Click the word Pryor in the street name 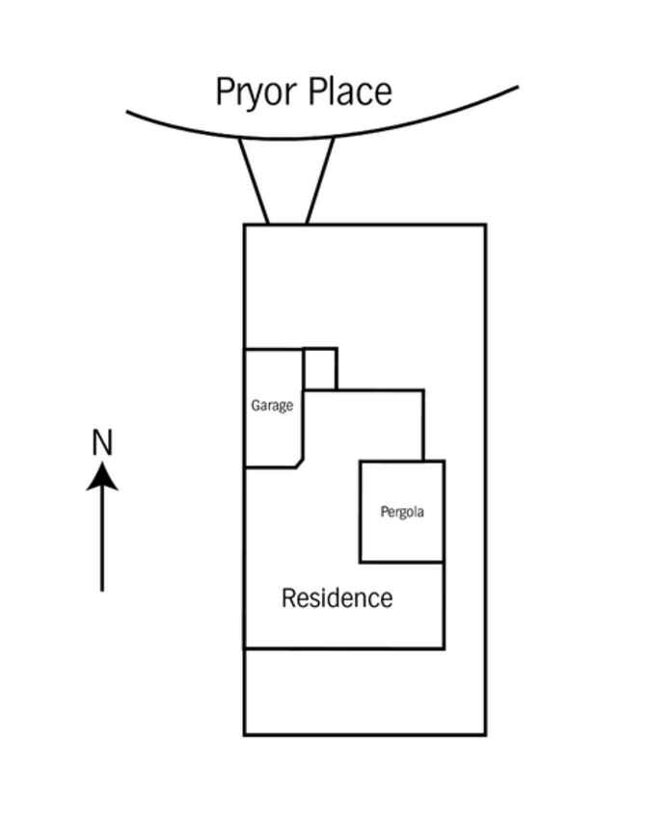(256, 93)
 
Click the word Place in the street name (350, 92)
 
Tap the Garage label (272, 406)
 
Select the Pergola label (402, 512)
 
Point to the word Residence (337, 598)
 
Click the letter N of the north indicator (102, 442)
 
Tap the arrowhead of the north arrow (102, 476)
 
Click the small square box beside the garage (320, 369)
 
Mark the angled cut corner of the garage (300, 463)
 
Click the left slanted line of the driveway (254, 181)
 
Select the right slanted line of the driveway (320, 181)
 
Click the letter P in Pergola (384, 511)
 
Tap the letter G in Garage (255, 406)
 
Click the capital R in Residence (288, 598)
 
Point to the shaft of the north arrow (102, 540)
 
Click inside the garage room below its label (273, 440)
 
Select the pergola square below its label (402, 540)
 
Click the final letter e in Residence (388, 600)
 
